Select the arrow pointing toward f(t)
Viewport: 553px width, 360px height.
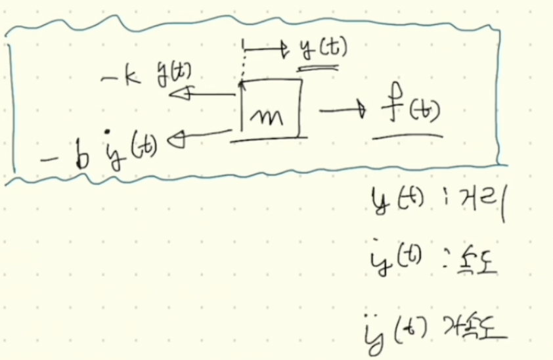point(342,110)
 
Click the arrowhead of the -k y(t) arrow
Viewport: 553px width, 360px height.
point(178,95)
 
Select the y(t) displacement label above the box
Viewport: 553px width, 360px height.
point(321,48)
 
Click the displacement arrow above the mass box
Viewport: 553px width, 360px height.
point(266,48)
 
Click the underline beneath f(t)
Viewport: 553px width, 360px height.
point(407,135)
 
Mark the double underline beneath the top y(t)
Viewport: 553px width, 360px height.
point(317,66)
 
